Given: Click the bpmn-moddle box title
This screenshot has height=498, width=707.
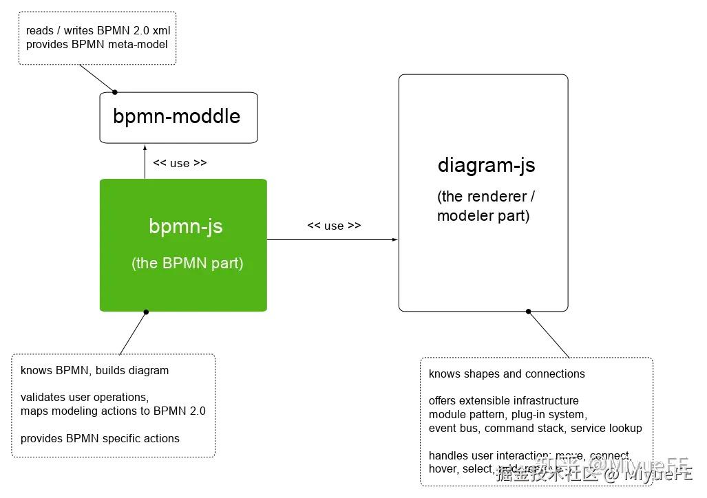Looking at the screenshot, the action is click(177, 116).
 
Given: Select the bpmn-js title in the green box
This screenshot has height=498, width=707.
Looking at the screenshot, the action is click(185, 226).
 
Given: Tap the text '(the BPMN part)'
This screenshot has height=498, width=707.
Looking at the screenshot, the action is click(187, 263).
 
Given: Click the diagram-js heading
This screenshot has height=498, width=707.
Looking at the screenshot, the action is click(486, 165).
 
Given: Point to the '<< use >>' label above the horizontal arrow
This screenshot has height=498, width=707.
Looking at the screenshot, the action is click(334, 226).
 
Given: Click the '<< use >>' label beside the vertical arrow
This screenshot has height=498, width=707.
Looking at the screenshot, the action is click(180, 163).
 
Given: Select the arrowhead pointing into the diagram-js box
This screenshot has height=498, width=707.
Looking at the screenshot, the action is click(395, 239).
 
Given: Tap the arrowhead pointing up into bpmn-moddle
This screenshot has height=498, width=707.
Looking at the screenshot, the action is click(145, 147).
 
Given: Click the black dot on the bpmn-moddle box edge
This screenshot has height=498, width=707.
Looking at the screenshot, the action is click(115, 92).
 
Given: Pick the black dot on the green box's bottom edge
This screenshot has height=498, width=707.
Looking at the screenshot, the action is click(146, 312).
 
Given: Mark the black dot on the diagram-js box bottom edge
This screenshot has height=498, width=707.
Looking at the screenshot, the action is click(529, 312).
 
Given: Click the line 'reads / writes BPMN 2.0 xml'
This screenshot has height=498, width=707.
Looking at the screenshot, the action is click(98, 31).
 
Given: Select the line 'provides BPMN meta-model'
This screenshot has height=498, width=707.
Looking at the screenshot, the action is click(96, 44).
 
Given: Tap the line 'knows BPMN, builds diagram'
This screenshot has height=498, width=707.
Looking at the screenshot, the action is click(94, 370).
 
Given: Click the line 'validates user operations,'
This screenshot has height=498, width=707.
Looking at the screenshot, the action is click(85, 397).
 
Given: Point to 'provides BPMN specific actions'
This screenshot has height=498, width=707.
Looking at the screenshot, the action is click(100, 438).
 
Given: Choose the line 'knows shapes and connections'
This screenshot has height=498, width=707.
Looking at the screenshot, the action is click(507, 374).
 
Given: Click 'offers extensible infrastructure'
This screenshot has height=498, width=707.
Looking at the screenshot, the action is click(503, 400).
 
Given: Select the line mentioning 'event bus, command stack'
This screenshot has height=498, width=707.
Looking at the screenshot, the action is click(535, 428).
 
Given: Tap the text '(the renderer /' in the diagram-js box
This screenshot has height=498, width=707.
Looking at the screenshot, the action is click(485, 197).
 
